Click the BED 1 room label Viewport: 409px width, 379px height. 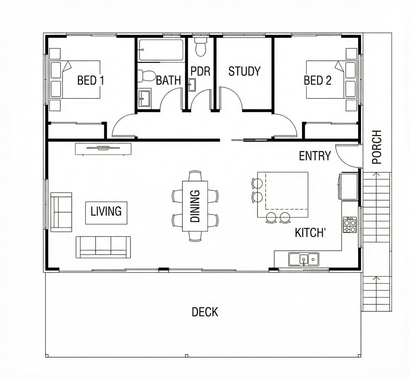[x=91, y=80]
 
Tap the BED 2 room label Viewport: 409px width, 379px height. [x=318, y=80]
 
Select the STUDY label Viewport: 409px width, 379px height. [x=245, y=71]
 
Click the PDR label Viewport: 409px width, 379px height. [x=200, y=71]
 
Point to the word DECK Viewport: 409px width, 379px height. [x=205, y=312]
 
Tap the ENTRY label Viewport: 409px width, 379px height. [x=315, y=156]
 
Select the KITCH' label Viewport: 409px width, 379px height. [x=310, y=233]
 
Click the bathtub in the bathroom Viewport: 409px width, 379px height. [x=161, y=50]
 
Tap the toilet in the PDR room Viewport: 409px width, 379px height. [x=201, y=47]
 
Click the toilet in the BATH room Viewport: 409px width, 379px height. [x=147, y=76]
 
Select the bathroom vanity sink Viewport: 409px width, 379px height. [x=144, y=98]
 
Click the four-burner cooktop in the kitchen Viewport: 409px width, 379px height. [x=350, y=225]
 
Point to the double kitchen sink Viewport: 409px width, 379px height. [x=304, y=259]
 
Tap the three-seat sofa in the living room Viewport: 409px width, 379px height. [x=103, y=247]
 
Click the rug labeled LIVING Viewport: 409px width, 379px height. [x=106, y=213]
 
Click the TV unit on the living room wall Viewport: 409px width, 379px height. [x=103, y=149]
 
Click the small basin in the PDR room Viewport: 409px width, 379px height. [x=192, y=85]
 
